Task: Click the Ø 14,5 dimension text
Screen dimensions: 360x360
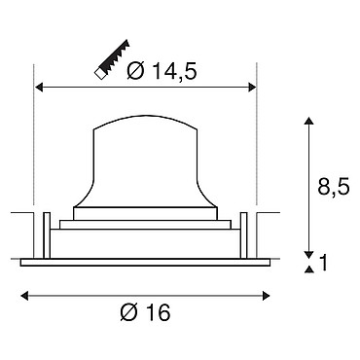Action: (x=162, y=71)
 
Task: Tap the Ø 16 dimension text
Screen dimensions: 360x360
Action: (x=145, y=312)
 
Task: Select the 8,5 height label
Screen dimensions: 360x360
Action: (x=334, y=187)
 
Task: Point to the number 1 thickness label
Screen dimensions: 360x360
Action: (x=323, y=263)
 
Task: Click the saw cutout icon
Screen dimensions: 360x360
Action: (x=112, y=59)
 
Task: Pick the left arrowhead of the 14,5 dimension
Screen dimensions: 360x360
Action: (x=39, y=88)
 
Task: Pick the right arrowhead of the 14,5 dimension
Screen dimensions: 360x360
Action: (x=252, y=88)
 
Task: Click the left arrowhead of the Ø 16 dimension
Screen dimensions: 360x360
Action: (x=24, y=296)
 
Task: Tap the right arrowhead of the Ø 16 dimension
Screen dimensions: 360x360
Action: (x=266, y=296)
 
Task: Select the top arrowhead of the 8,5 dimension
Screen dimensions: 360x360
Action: (x=309, y=122)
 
